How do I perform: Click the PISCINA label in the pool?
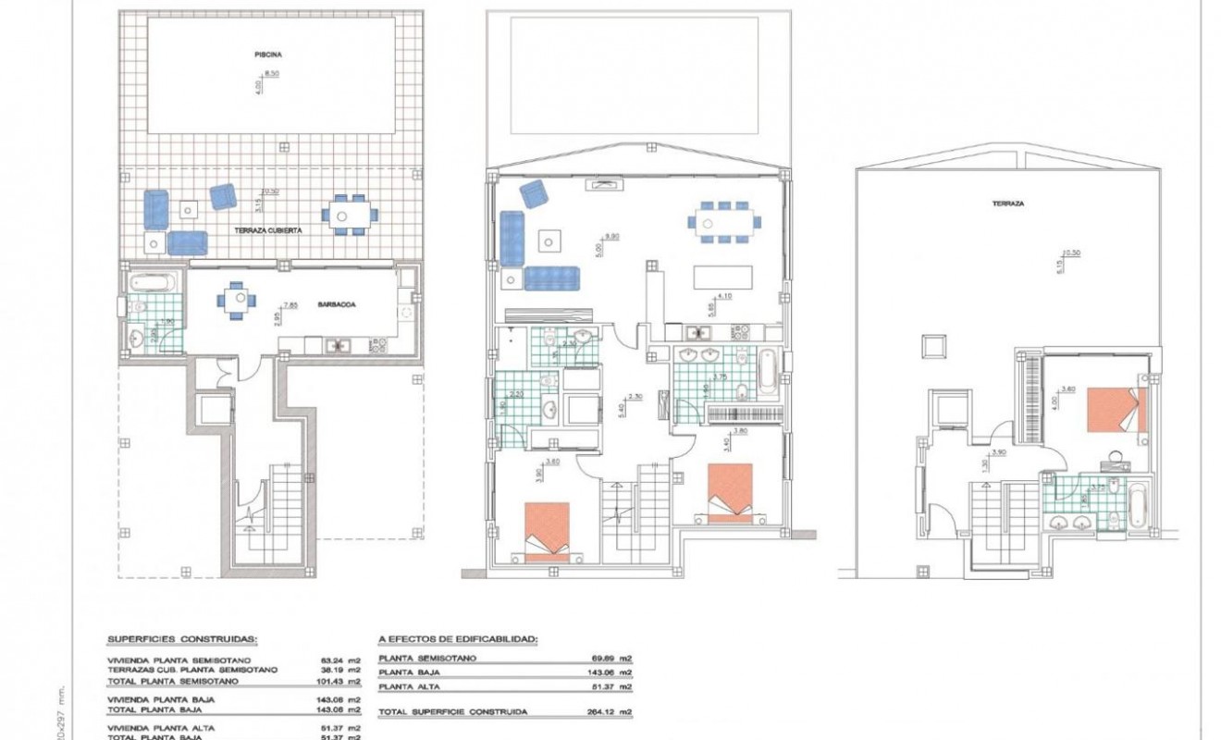click(x=268, y=55)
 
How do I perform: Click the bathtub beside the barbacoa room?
click(x=154, y=280)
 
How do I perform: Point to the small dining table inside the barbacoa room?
click(x=232, y=300)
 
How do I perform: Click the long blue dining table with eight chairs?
click(x=724, y=222)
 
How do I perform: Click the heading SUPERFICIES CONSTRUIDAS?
click(x=182, y=638)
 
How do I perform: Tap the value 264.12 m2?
click(x=612, y=712)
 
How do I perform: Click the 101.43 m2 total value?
click(x=338, y=680)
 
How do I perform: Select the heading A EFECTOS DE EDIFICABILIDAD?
click(x=458, y=638)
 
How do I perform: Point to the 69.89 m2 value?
click(x=612, y=659)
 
